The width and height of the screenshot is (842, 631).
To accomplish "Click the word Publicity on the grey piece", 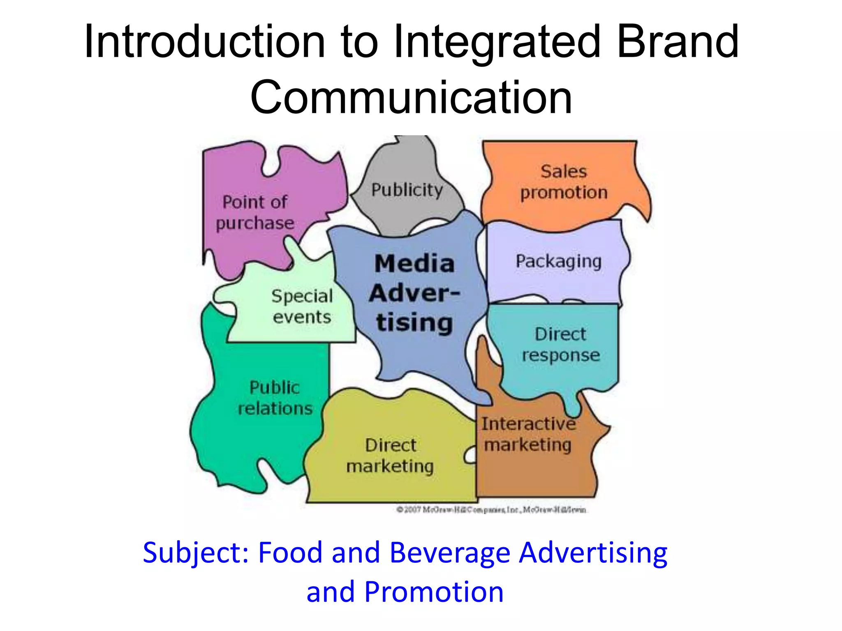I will coord(407,190).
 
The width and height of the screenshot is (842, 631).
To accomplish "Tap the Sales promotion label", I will coord(564,182).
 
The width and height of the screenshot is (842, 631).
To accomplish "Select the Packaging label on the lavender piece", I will coord(558,262).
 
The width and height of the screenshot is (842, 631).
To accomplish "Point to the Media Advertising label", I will coord(414,292).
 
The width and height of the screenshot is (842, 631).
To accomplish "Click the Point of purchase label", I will coord(255,212).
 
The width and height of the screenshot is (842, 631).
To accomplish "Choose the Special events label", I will coord(302,306).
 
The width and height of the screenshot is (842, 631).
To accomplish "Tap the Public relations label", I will coord(275,398).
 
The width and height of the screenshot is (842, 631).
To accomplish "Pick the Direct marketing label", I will coord(390,456).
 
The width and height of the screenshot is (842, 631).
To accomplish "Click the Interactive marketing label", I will coord(528,434).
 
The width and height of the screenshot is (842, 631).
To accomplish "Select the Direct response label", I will coord(561,345).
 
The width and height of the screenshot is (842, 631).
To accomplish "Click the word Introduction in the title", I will coord(205,42).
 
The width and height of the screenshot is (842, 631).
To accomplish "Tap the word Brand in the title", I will coord(678,42).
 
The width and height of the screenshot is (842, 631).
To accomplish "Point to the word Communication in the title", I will coord(411,98).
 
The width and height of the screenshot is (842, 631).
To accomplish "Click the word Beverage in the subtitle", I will coord(450,553).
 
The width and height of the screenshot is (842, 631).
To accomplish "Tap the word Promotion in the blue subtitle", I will coord(434,592).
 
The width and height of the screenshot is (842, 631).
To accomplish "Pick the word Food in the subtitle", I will coord(290,553).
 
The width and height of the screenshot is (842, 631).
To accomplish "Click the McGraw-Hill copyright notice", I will coord(492,510).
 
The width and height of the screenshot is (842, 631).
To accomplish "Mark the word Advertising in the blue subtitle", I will coord(593,553).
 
